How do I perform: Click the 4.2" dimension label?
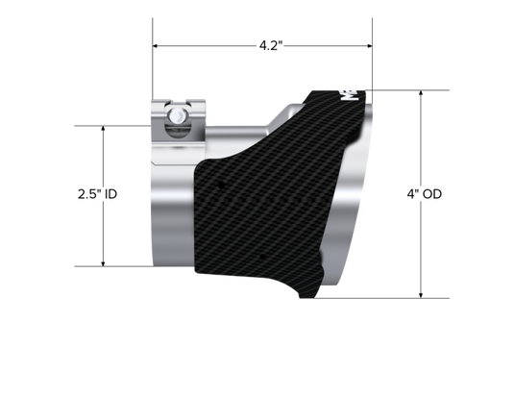tap(271, 45)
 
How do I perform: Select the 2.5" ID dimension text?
tap(97, 194)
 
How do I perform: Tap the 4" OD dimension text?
tap(425, 194)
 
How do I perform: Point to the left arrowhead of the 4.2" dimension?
tap(156, 45)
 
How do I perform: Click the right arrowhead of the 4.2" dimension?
tap(370, 45)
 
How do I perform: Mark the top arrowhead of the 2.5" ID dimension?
tap(103, 129)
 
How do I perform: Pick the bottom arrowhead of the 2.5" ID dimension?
tap(103, 263)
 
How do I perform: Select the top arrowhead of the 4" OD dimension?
tap(421, 93)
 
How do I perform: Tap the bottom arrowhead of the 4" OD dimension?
tap(421, 295)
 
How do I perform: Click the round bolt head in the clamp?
tap(177, 115)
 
